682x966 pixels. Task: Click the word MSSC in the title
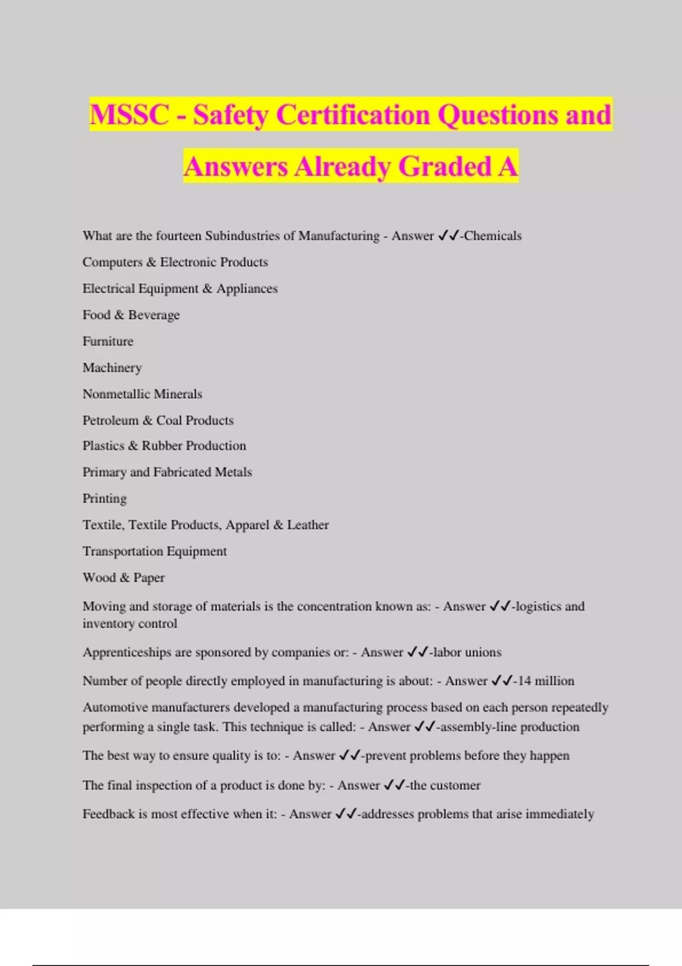coord(129,114)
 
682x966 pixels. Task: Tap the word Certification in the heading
coord(353,114)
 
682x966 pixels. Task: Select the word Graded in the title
coord(444,166)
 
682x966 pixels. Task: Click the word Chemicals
coord(493,236)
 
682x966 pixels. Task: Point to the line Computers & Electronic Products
coord(175,262)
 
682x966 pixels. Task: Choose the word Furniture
coord(108,341)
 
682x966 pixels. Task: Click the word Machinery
coord(112,368)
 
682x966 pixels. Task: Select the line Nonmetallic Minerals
coord(142,394)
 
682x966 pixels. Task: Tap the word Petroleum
coord(110,420)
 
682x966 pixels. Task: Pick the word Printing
coord(105,498)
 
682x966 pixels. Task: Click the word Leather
coord(307,524)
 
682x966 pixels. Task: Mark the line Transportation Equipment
coord(155,551)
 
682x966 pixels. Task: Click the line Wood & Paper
coord(123,577)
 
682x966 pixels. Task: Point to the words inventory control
coord(130,623)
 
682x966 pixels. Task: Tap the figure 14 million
coord(546,681)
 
